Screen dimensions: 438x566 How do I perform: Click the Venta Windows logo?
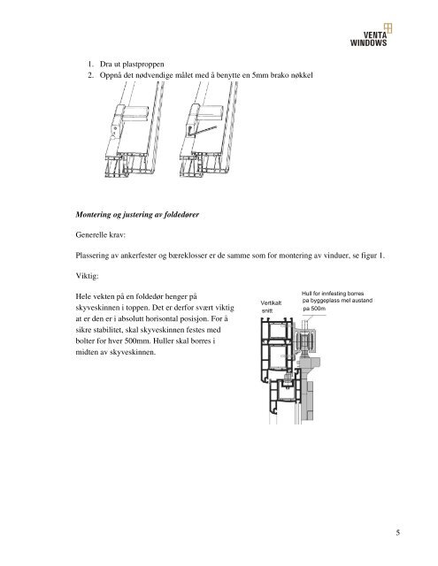371,35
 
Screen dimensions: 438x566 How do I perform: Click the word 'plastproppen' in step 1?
143,65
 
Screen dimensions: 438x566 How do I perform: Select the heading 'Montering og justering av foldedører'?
137,215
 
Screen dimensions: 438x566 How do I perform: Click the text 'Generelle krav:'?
101,235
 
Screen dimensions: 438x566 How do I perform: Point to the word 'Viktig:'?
87,276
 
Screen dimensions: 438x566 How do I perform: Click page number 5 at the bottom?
398,532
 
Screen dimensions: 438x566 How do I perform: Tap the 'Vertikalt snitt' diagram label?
271,307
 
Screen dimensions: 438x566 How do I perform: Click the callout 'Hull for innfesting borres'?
333,294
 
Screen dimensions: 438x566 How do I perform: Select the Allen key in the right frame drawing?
203,132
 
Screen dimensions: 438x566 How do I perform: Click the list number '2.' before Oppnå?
90,75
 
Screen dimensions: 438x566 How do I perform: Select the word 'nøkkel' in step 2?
302,75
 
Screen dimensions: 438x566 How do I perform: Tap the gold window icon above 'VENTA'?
388,27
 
